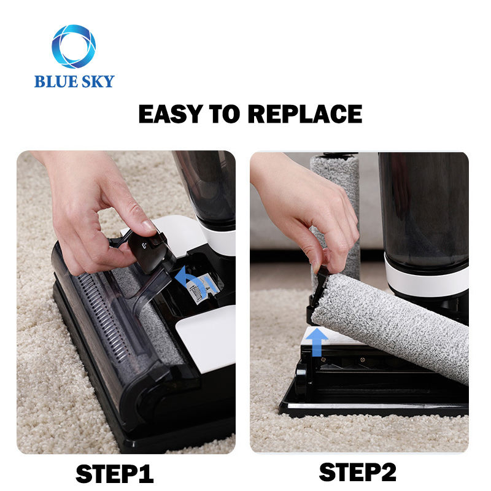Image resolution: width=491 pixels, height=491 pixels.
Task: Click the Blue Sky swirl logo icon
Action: (74, 47)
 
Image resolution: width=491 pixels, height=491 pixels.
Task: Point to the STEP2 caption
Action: (358, 472)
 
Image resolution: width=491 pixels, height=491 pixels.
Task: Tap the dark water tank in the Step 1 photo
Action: (209, 184)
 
